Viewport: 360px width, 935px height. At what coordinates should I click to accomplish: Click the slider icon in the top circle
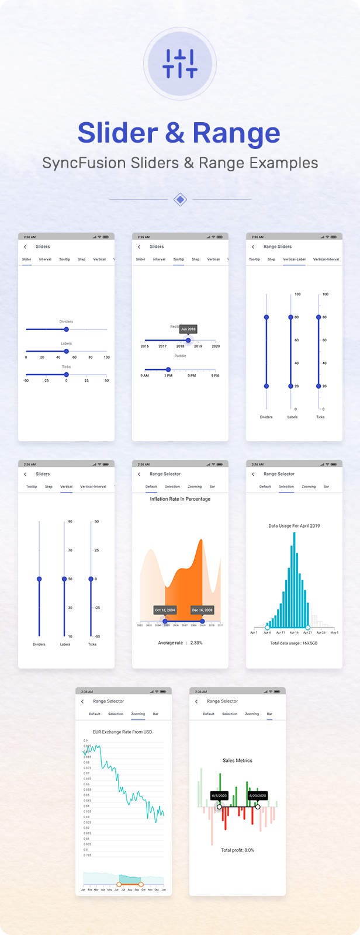[x=180, y=64]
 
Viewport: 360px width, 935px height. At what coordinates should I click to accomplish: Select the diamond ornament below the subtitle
[x=181, y=199]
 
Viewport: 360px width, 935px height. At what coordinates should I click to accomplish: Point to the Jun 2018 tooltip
[x=188, y=329]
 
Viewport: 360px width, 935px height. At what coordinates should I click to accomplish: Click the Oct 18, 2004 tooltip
[x=165, y=610]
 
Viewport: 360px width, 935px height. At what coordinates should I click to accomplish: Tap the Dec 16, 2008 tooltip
[x=202, y=610]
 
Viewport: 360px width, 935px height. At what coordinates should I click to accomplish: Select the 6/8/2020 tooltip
[x=219, y=796]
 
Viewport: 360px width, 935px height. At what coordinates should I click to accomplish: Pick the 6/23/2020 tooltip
[x=257, y=796]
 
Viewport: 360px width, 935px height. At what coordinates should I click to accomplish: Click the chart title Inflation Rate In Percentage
[x=180, y=499]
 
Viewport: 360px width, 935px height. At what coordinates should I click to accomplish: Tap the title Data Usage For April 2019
[x=294, y=526]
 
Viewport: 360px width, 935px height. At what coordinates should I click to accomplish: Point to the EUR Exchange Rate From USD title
[x=122, y=732]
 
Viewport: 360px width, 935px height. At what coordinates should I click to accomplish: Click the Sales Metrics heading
[x=237, y=760]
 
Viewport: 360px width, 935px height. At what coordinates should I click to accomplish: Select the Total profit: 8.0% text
[x=237, y=850]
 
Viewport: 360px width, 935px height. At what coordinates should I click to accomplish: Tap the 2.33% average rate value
[x=196, y=643]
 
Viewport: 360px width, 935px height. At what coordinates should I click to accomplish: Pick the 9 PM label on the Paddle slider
[x=215, y=376]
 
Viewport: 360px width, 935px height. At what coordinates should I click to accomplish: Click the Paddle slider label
[x=180, y=356]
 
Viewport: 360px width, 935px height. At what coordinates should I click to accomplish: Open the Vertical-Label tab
[x=294, y=259]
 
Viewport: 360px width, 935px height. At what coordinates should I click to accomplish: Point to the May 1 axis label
[x=334, y=632]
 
